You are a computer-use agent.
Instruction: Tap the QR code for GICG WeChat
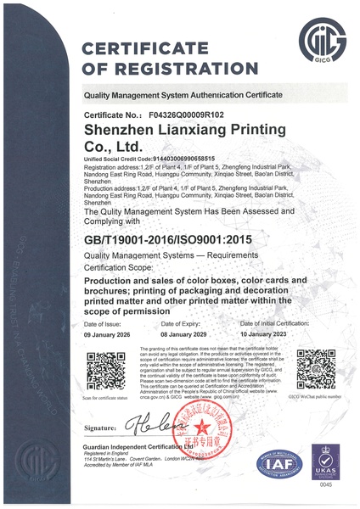pos(315,367)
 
